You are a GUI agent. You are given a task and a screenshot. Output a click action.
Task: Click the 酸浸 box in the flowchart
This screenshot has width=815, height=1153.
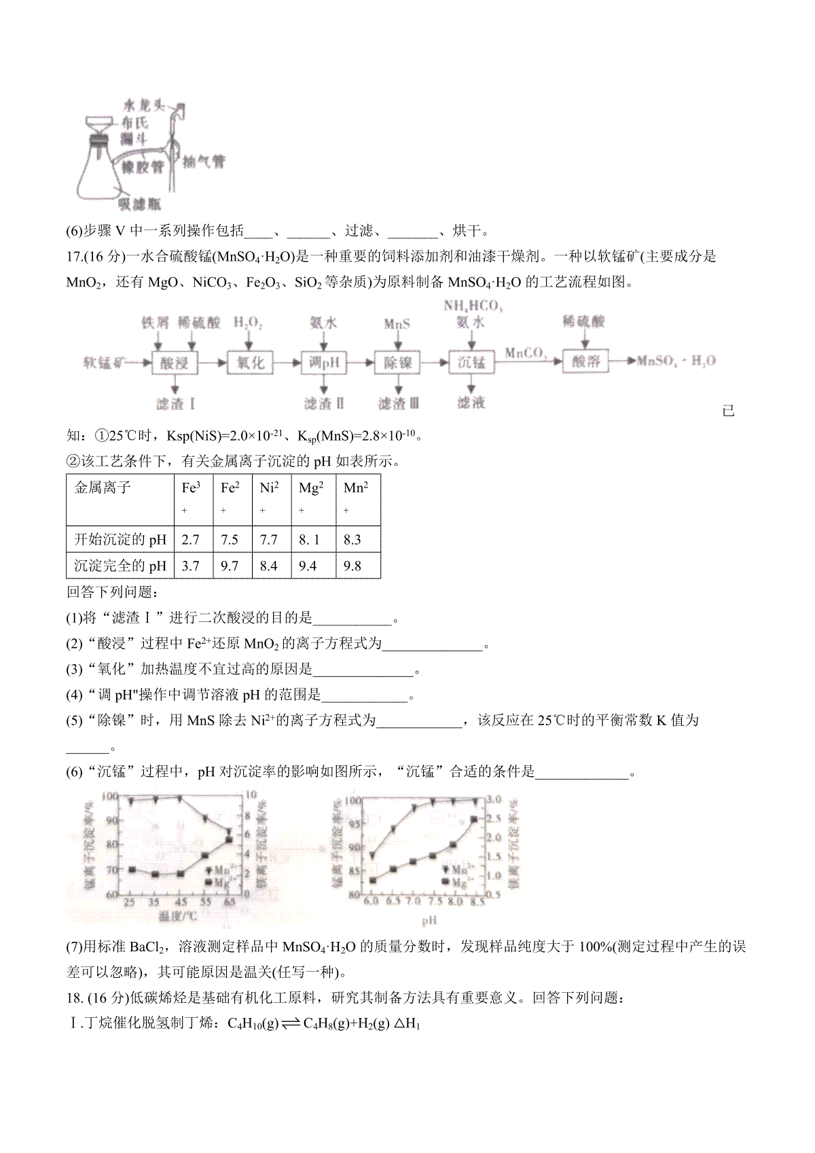tap(175, 363)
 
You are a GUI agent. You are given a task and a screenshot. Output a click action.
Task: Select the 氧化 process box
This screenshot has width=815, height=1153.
tap(249, 363)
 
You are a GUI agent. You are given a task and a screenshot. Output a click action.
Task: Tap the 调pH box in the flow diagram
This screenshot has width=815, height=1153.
tap(323, 363)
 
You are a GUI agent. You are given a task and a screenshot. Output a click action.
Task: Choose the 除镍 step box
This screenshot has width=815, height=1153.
tap(397, 363)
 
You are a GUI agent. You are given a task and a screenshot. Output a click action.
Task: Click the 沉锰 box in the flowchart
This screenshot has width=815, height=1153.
tap(471, 363)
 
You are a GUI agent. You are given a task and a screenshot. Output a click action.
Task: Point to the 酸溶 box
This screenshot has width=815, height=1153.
tap(585, 361)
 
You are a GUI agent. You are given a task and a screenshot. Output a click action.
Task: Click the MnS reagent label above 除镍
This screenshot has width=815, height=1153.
tap(397, 324)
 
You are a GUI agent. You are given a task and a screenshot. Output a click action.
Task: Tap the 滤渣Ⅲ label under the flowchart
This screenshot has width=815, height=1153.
tap(399, 403)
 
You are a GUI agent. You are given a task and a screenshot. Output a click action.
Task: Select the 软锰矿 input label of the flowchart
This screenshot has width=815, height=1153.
tap(106, 362)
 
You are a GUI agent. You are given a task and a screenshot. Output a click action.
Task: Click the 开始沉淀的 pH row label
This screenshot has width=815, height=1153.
tap(120, 540)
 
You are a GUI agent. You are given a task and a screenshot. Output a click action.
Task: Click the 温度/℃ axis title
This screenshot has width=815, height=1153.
tap(178, 916)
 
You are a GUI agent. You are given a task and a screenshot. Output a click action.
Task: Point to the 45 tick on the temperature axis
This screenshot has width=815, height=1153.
tap(180, 902)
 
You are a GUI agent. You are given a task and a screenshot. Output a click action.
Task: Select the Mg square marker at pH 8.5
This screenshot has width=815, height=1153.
tap(475, 820)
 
